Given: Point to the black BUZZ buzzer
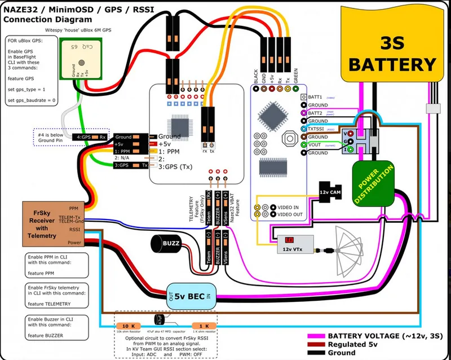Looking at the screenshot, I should (x=166, y=244).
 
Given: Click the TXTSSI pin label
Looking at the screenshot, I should (x=319, y=129).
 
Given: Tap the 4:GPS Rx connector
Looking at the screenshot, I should (x=93, y=137).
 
